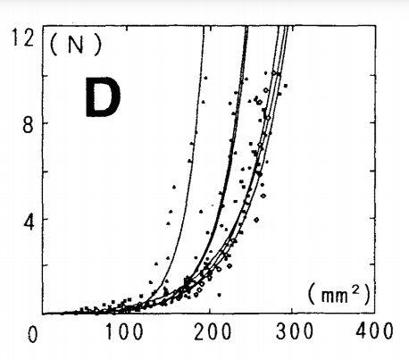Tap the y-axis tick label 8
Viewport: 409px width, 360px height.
pos(28,126)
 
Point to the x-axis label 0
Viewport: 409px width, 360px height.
pos(33,334)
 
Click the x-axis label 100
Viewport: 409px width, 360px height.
pos(124,331)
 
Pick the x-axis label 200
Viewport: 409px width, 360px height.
pos(213,331)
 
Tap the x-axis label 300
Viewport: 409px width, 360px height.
pos(295,331)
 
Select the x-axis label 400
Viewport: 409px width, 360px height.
pos(374,331)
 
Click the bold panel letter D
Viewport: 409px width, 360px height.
pos(103,97)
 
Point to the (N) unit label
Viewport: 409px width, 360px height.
pos(76,45)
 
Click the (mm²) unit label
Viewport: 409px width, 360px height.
pos(339,294)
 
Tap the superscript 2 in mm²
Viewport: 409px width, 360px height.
pos(355,289)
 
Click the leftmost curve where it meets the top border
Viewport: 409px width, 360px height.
pos(204,27)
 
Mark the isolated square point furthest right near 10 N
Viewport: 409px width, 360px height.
pos(286,86)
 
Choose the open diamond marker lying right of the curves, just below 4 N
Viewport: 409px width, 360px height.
pos(256,220)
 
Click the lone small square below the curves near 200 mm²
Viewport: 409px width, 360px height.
pos(220,295)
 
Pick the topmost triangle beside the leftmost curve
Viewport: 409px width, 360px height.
pos(205,78)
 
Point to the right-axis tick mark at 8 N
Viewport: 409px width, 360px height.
pos(372,122)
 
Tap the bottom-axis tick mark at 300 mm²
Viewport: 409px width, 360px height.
pos(292,311)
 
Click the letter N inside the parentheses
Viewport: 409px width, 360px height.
pos(76,46)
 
